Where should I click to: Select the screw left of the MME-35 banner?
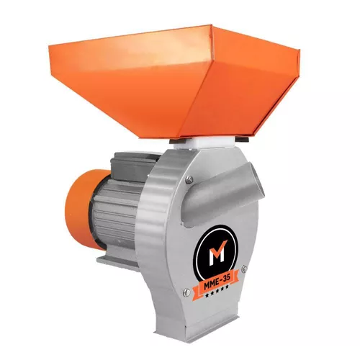pos(186,292)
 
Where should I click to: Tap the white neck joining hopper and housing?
pos(209,144)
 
